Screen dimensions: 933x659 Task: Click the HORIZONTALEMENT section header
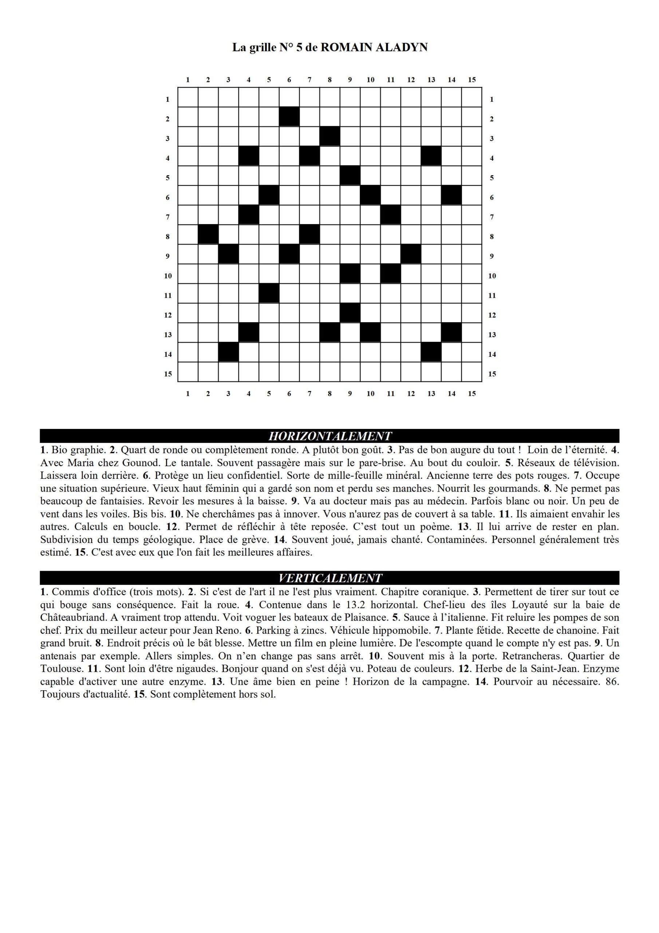[330, 436]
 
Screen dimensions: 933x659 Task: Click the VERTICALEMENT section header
[330, 578]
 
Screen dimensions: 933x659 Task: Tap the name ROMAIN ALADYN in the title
[374, 47]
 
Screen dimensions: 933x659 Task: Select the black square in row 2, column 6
[289, 117]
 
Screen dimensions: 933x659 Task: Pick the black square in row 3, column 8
[330, 137]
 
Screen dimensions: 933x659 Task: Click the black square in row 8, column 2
[208, 234]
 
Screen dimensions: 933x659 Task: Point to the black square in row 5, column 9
[350, 176]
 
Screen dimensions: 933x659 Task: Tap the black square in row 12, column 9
[350, 313]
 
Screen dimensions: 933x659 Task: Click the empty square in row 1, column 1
[188, 98]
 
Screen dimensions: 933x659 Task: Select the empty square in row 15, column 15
[471, 372]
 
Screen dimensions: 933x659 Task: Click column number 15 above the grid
[471, 80]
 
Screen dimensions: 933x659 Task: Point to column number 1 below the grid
[188, 393]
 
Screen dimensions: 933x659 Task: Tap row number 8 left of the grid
[168, 237]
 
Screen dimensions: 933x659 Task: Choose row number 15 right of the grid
[492, 374]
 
